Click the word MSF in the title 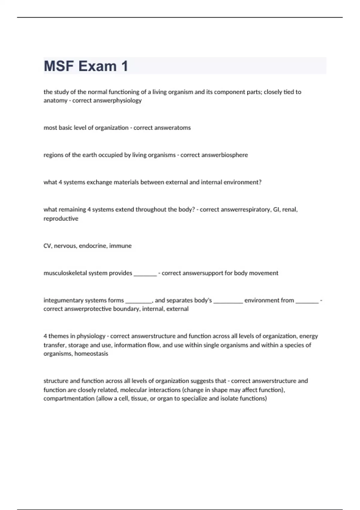[59, 66]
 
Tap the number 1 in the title [124, 66]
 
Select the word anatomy [55, 100]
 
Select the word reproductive [61, 219]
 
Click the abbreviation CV [47, 246]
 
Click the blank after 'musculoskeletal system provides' [145, 274]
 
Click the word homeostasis [91, 354]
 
